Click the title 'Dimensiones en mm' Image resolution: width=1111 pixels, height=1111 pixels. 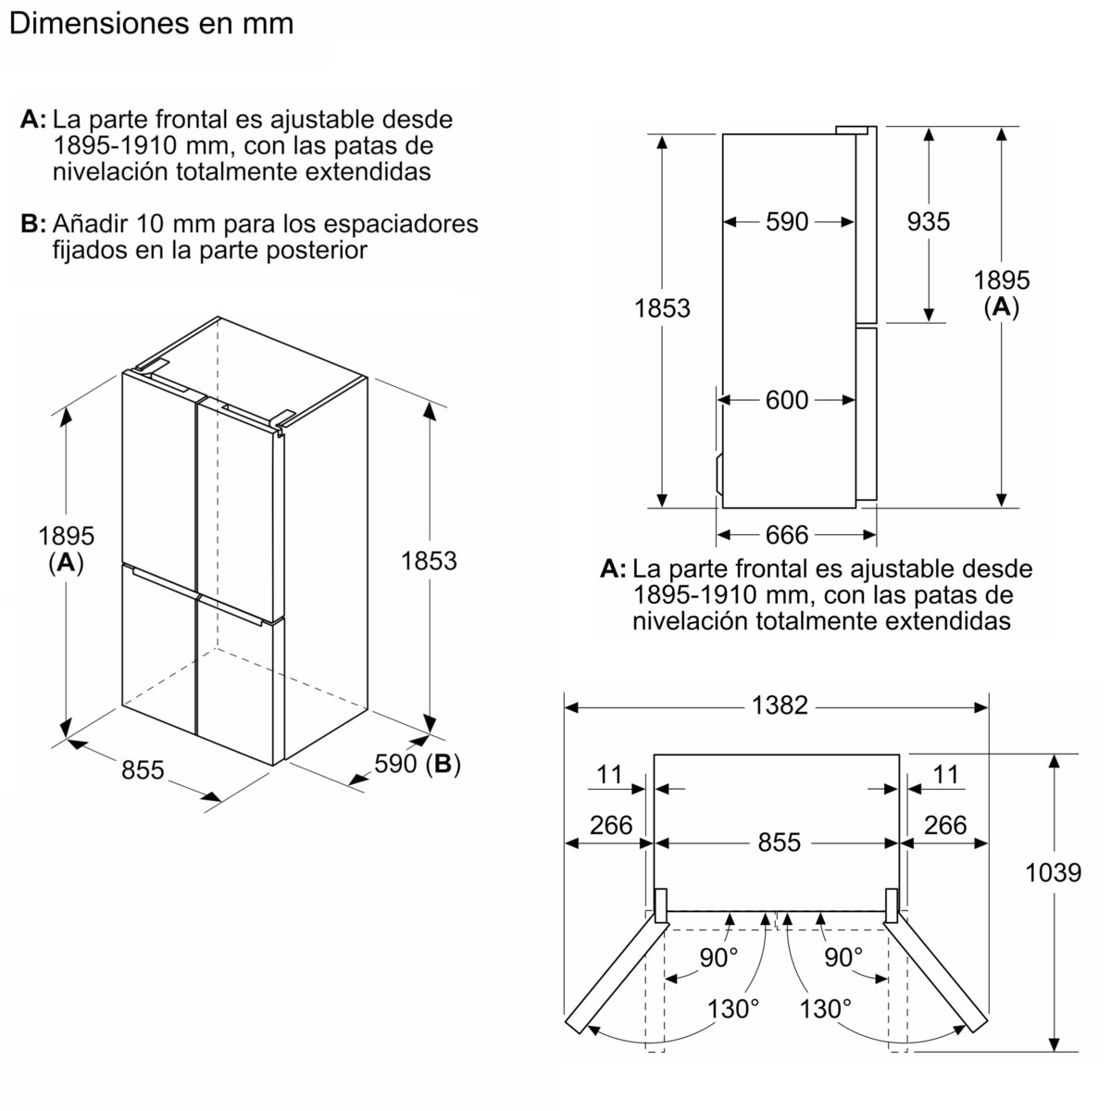point(152,24)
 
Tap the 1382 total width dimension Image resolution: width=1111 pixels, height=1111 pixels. point(780,705)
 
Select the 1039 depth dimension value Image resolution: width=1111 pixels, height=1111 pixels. point(1053,872)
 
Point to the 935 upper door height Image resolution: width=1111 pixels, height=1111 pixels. point(929,221)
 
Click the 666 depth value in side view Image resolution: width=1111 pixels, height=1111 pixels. point(787,535)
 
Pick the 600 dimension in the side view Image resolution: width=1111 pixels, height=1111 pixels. point(787,400)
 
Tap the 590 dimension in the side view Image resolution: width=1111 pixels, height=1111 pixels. point(787,222)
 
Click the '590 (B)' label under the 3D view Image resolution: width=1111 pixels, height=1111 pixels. point(418,764)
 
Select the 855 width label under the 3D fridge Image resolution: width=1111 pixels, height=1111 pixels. point(143,770)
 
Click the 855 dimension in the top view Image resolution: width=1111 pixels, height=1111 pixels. point(780,843)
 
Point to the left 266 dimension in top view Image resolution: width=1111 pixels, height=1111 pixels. point(611,825)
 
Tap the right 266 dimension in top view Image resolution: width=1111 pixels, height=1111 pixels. point(945,825)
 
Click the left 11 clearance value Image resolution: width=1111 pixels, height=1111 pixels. point(609,774)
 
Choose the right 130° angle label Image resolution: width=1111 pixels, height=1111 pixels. point(826,1009)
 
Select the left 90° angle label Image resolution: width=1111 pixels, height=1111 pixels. point(718,957)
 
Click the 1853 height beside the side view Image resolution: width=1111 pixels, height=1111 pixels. point(662,308)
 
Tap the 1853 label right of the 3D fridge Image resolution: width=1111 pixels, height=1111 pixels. point(429,561)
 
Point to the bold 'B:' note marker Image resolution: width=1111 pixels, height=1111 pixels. point(33,224)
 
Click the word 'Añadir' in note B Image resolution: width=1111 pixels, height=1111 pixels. point(90,224)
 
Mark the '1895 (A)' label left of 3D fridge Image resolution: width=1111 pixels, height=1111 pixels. point(66,549)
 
